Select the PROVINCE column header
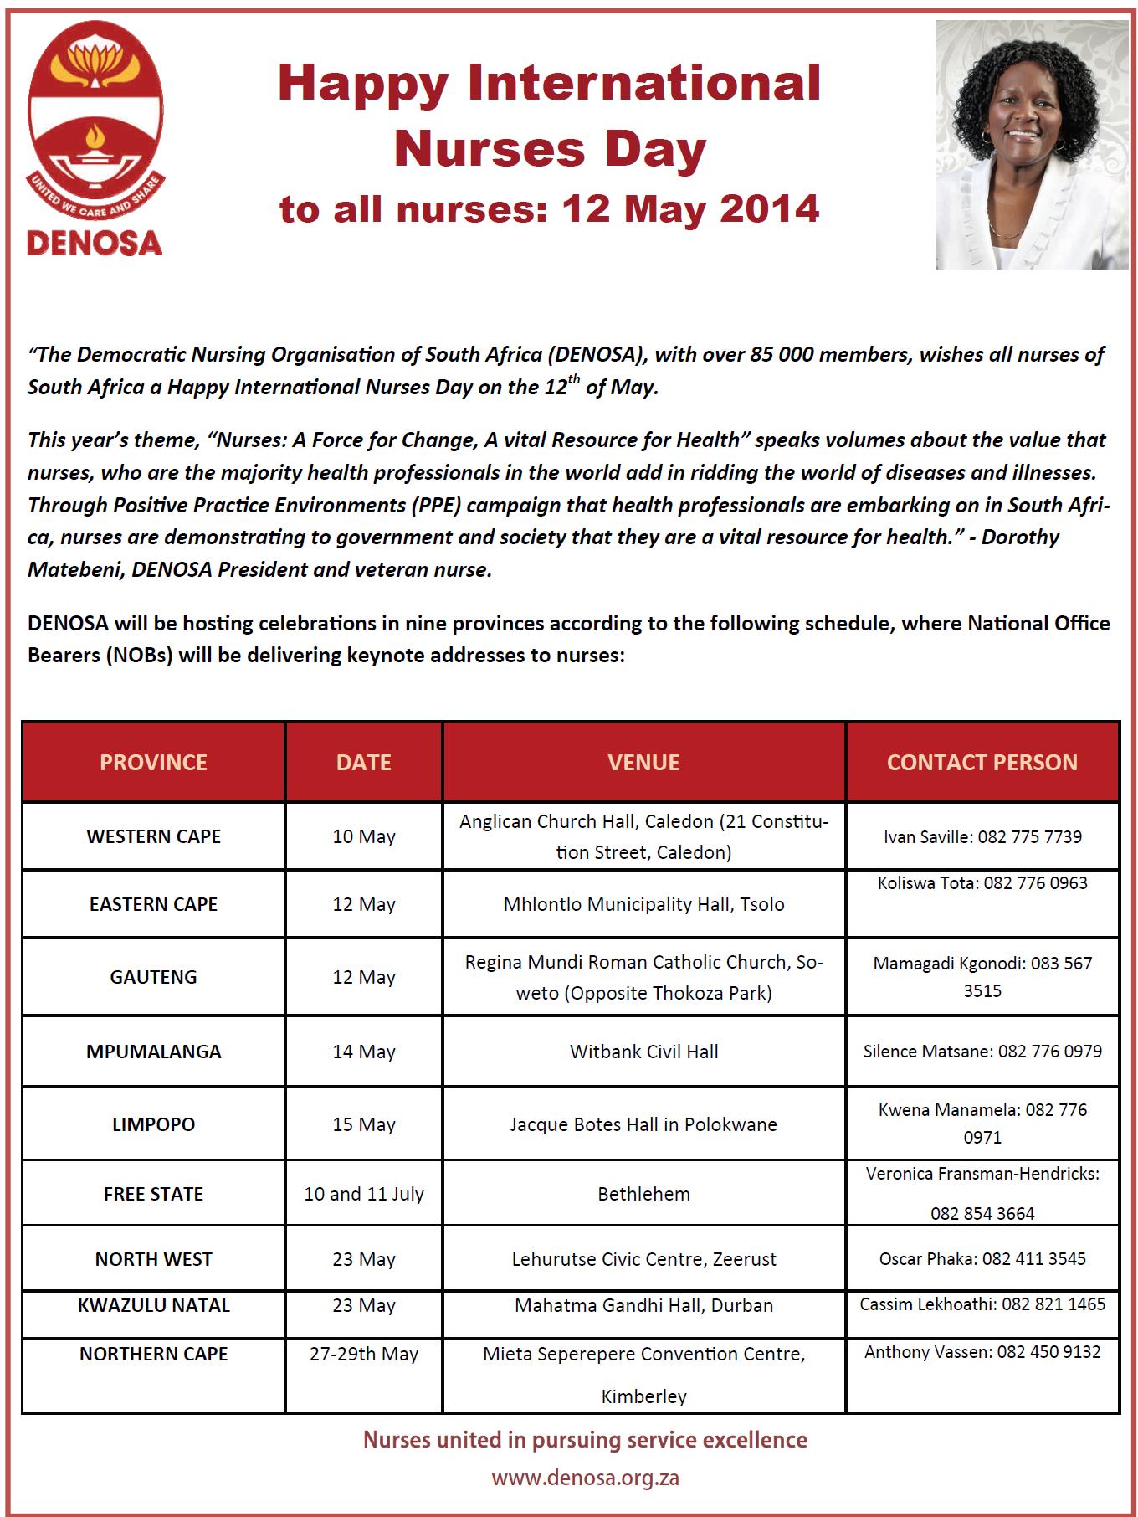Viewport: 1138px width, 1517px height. (153, 762)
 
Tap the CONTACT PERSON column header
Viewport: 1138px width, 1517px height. (982, 762)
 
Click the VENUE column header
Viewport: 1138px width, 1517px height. (643, 762)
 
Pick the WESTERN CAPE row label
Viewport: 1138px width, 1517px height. (153, 836)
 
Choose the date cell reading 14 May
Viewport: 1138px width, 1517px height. (364, 1052)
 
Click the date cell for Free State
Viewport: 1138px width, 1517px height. (364, 1194)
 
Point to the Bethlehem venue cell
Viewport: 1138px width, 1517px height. (643, 1194)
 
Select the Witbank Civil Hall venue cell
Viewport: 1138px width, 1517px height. (643, 1052)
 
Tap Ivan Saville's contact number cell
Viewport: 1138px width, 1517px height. (982, 836)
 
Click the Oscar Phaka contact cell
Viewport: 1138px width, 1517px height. (982, 1259)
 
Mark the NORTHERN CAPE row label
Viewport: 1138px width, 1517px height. (153, 1354)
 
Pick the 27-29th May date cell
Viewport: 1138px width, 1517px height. (364, 1354)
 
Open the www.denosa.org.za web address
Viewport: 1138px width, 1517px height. (585, 1478)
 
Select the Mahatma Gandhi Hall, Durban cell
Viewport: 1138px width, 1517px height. (643, 1305)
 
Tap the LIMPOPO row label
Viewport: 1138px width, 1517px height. (153, 1124)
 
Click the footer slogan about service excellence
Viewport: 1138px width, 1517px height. (585, 1440)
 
